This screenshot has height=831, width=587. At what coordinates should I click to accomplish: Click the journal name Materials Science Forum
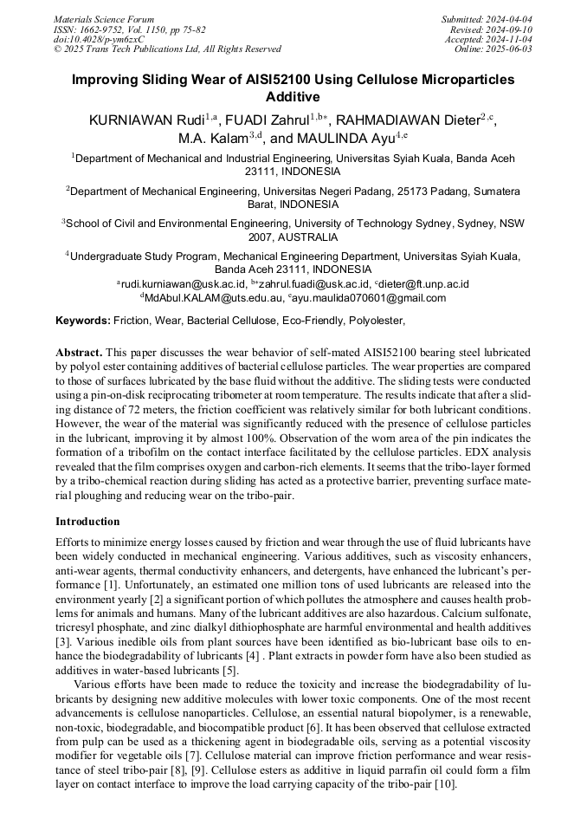click(104, 19)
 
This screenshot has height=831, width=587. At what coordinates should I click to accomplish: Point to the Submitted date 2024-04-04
click(487, 19)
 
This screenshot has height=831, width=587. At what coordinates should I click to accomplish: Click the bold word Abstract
click(79, 354)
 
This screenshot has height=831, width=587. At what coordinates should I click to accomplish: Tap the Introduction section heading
click(87, 522)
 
